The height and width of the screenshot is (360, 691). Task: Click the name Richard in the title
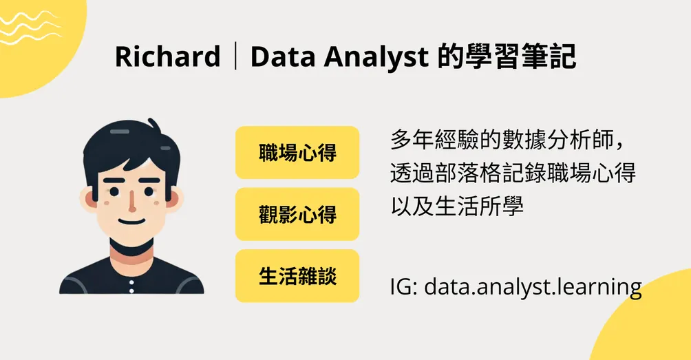pyautogui.click(x=167, y=57)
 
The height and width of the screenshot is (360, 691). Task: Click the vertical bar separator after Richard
pyautogui.click(x=235, y=57)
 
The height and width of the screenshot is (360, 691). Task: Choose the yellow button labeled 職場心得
pyautogui.click(x=297, y=152)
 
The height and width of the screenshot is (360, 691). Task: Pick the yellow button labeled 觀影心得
pyautogui.click(x=297, y=214)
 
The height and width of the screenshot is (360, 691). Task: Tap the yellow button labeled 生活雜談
pyautogui.click(x=297, y=275)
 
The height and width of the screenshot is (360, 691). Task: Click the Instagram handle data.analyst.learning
pyautogui.click(x=533, y=285)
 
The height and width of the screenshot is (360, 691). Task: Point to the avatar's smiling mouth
pyautogui.click(x=131, y=222)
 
